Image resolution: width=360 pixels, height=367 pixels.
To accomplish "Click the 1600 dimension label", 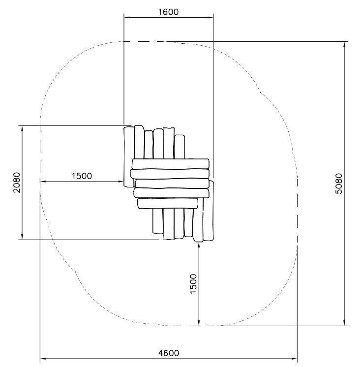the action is point(168,12).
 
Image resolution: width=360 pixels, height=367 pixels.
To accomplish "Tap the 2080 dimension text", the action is point(17,183).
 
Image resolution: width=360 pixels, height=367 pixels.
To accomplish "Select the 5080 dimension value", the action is point(338,183).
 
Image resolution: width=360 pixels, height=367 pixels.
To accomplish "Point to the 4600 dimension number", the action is point(168,353).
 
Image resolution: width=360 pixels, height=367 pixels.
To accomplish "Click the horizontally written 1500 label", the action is point(82,176).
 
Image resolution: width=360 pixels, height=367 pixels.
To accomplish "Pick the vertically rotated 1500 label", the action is point(193,284).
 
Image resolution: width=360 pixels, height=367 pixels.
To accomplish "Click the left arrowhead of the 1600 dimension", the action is point(126,17).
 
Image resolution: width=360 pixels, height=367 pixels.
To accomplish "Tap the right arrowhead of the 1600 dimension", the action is point(210,17).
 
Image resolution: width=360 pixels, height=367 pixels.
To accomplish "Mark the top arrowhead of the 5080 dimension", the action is point(344,45).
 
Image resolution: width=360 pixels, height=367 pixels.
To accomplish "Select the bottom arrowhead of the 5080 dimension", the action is point(344,323).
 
